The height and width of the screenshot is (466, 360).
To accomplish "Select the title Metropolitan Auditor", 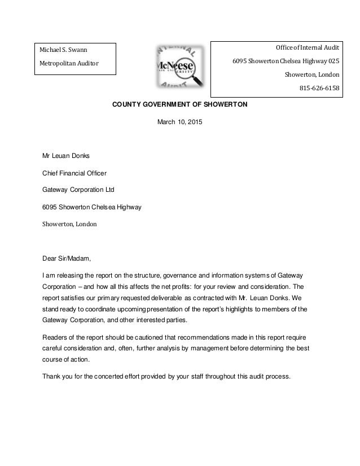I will click(x=68, y=63).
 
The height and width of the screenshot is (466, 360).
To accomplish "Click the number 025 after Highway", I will click(x=333, y=61).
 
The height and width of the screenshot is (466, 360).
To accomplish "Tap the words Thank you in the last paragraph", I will click(x=59, y=377).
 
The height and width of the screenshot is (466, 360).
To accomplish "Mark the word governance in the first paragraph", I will click(x=182, y=275).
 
